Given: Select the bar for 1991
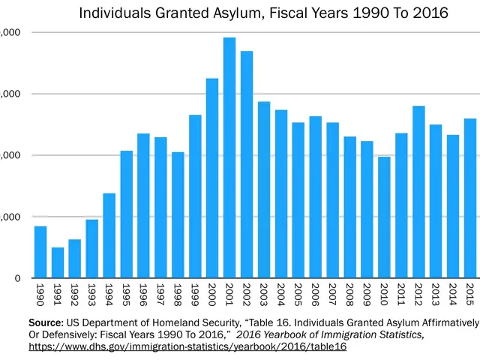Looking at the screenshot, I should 58,262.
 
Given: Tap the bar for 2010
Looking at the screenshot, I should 384,217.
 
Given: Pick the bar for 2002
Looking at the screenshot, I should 247,164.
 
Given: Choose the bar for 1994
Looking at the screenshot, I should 109,235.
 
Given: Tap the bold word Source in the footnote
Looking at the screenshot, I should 46,322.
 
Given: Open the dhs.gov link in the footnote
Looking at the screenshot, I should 187,347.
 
